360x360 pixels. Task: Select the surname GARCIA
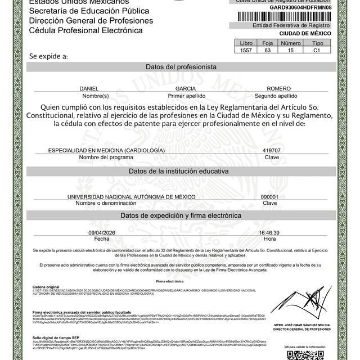[186, 89]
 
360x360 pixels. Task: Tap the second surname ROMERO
[278, 89]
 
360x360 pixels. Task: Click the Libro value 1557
[246, 51]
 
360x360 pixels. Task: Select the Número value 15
[290, 51]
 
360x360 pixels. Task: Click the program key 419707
[271, 151]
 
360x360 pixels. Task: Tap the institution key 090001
[270, 196]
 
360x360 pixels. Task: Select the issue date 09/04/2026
[101, 232]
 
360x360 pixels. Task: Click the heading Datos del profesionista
[181, 67]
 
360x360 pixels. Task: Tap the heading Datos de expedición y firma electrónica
[181, 215]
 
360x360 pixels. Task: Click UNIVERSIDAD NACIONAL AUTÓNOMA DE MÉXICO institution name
[131, 196]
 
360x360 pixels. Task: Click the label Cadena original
[47, 286]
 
